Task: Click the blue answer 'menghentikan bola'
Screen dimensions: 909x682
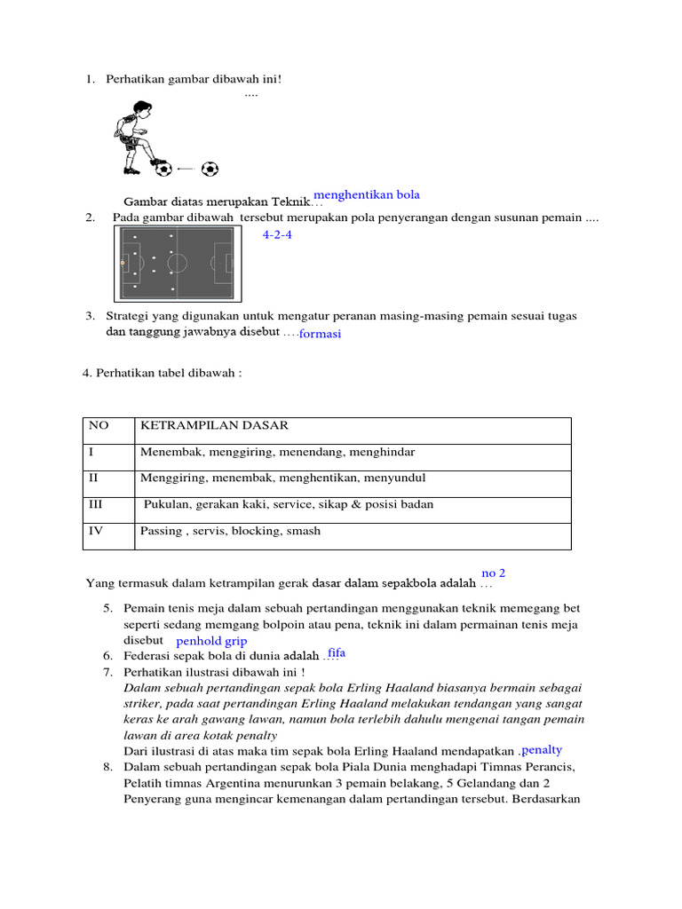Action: click(367, 195)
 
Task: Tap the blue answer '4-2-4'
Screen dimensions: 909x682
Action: click(277, 235)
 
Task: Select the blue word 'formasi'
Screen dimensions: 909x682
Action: click(320, 334)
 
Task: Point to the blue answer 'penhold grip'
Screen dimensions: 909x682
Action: click(211, 641)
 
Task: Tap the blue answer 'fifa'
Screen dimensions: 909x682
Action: click(337, 653)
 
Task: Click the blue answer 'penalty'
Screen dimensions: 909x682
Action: click(542, 750)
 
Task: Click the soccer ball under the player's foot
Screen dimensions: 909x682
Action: click(163, 169)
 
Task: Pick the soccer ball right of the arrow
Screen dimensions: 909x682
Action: click(210, 169)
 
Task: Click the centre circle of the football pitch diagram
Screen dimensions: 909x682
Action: click(177, 263)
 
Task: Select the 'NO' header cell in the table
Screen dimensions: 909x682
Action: click(98, 426)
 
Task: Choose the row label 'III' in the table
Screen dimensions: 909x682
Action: click(96, 504)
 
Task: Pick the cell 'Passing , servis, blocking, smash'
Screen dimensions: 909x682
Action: click(230, 531)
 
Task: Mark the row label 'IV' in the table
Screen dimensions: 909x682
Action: click(97, 531)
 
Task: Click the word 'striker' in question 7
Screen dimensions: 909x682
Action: click(141, 703)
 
